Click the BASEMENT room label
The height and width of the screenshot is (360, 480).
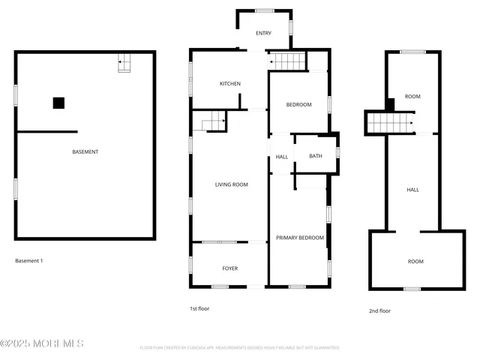click(85, 152)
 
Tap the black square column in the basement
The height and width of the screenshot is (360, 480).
click(58, 103)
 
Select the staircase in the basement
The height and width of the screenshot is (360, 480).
click(124, 64)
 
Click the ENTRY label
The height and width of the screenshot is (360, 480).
click(263, 33)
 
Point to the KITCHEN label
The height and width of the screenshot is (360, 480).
click(229, 84)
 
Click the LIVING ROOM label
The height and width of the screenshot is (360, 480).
click(231, 184)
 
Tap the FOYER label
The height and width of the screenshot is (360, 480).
click(229, 268)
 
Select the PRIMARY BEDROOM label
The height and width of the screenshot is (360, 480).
click(300, 238)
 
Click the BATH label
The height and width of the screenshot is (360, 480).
click(315, 156)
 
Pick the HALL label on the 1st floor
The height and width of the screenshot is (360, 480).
click(282, 157)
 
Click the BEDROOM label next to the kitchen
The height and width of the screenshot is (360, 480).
click(298, 105)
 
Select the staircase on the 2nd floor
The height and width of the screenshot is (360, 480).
click(391, 122)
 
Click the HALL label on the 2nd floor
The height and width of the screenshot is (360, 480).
click(412, 190)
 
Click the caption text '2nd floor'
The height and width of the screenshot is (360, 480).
click(379, 310)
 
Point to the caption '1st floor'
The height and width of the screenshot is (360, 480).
click(199, 308)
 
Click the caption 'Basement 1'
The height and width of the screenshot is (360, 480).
click(29, 261)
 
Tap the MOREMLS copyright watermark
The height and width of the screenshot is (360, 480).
click(42, 343)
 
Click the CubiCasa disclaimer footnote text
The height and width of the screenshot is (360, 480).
click(239, 348)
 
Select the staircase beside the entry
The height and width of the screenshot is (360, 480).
click(288, 61)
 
